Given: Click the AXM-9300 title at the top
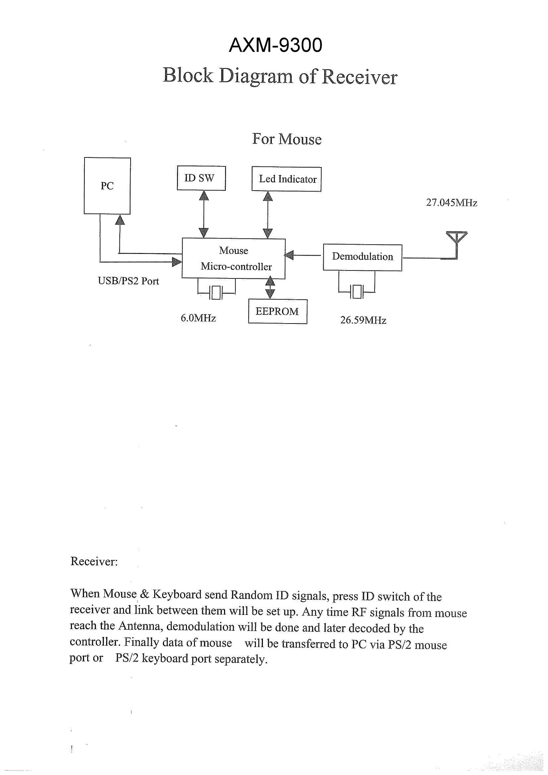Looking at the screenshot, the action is tap(275, 45).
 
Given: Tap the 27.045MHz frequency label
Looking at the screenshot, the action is tap(452, 203).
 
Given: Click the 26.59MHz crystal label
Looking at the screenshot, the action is tap(363, 320).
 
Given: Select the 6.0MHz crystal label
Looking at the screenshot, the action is tap(198, 318).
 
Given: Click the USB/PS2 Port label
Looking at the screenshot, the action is tap(128, 281).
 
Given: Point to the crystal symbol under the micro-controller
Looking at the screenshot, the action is tap(216, 293).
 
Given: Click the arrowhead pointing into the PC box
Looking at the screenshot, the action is tap(120, 220).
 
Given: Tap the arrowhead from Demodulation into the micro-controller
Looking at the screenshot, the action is tap(289, 255).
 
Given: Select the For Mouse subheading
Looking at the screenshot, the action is tap(287, 139).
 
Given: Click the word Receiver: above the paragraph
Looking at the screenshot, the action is tap(94, 561).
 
